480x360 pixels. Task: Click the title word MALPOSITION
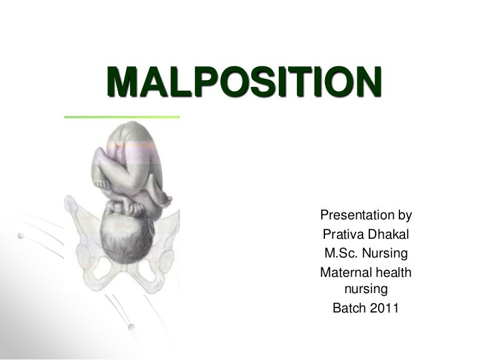click(243, 84)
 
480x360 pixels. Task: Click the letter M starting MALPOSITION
click(123, 84)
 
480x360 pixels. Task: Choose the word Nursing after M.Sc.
click(385, 254)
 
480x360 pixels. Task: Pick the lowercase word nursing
click(366, 289)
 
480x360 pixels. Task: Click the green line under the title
click(122, 117)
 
